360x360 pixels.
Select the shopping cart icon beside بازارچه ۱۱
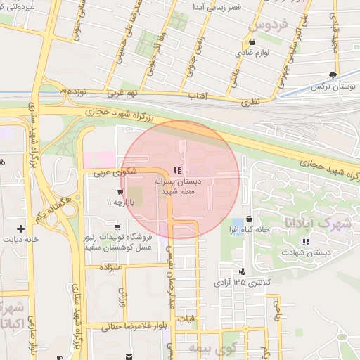point(120,191)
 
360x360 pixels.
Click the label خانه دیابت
point(21,240)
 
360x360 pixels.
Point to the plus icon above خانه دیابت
point(21,229)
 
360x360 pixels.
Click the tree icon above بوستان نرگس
point(333,75)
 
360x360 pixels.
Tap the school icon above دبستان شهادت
point(305,242)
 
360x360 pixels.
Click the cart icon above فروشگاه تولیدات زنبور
point(117,227)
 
